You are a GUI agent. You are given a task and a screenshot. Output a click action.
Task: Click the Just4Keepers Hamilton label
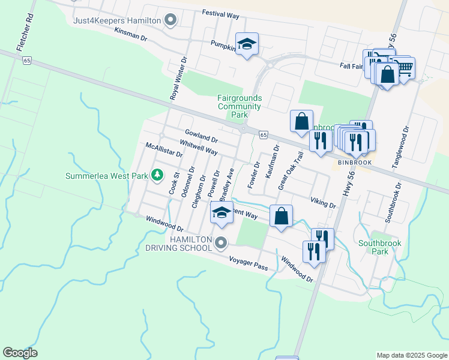pyautogui.click(x=117, y=20)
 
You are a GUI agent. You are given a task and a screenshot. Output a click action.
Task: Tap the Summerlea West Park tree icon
pyautogui.click(x=157, y=175)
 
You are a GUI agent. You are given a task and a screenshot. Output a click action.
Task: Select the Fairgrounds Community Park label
pyautogui.click(x=240, y=106)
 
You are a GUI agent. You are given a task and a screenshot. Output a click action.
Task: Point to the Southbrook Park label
pyautogui.click(x=379, y=247)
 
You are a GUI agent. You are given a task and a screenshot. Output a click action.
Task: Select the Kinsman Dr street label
pyautogui.click(x=130, y=34)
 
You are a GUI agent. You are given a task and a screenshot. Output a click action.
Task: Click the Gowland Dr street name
pyautogui.click(x=201, y=136)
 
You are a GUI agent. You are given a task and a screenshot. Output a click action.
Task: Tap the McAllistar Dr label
pyautogui.click(x=164, y=149)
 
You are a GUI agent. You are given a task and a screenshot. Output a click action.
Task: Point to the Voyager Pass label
pyautogui.click(x=248, y=262)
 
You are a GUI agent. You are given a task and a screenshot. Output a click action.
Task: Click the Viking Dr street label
pyautogui.click(x=323, y=202)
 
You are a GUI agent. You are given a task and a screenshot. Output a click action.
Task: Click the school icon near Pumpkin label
pyautogui.click(x=247, y=44)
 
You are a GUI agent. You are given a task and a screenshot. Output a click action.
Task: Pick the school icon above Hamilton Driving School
pyautogui.click(x=221, y=212)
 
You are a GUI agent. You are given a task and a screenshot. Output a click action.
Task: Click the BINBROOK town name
pyautogui.click(x=355, y=163)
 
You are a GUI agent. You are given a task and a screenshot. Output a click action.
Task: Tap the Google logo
pyautogui.click(x=20, y=353)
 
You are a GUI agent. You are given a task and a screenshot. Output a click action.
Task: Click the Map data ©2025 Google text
pyautogui.click(x=411, y=355)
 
